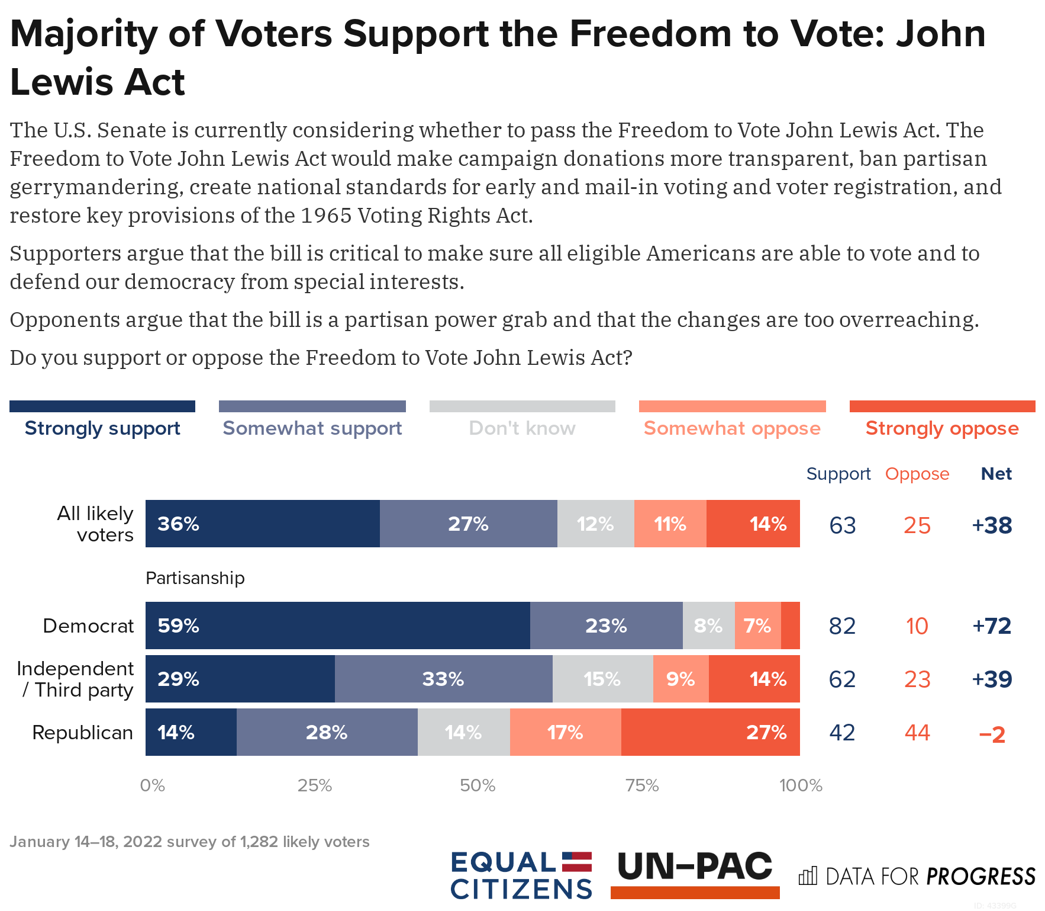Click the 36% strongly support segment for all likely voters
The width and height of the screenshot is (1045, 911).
[x=262, y=524]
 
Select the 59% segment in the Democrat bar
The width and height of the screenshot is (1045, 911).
[x=337, y=625]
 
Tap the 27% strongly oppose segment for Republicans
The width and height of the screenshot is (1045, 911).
[x=710, y=732]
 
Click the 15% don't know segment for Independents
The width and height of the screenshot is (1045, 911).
[x=602, y=679]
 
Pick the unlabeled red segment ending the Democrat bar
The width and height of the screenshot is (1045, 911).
[x=790, y=625]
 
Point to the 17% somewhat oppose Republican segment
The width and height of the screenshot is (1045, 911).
[x=565, y=732]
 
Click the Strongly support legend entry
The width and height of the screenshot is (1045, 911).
[x=102, y=428]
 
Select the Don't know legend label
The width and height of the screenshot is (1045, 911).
[x=522, y=428]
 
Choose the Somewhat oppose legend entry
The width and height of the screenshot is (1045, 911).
[x=732, y=428]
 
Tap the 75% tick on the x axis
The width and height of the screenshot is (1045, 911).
[x=642, y=785]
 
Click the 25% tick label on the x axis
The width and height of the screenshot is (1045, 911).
[x=314, y=785]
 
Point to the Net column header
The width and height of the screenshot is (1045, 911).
[x=996, y=474]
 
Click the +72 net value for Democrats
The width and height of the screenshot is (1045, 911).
[x=992, y=626]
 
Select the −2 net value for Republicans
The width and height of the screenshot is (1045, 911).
[x=992, y=734]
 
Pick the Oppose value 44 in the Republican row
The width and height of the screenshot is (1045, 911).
[x=917, y=733]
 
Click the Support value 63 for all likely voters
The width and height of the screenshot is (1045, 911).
[x=843, y=525]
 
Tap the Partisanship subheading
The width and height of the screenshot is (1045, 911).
[x=195, y=578]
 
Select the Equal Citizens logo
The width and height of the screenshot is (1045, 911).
[x=521, y=875]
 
